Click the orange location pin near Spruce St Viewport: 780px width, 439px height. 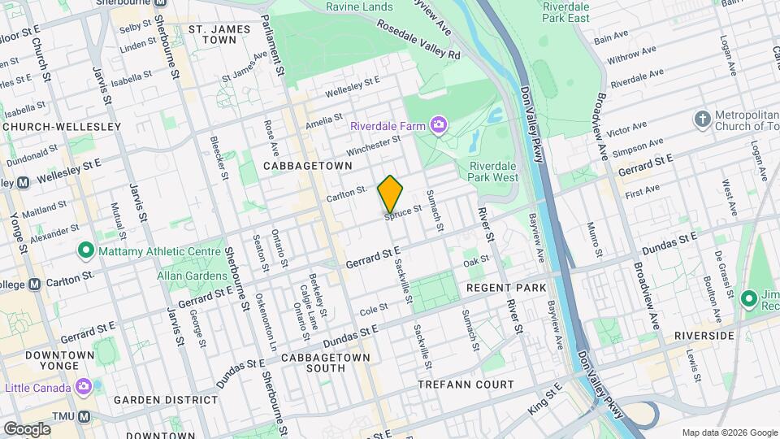pyautogui.click(x=391, y=195)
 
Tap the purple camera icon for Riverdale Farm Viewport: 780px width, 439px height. pyautogui.click(x=440, y=124)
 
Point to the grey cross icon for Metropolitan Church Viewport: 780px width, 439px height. pyautogui.click(x=703, y=120)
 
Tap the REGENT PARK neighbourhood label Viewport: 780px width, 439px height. pyautogui.click(x=505, y=289)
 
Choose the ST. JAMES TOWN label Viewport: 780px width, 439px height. pyautogui.click(x=212, y=33)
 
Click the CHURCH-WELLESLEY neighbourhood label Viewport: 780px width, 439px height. pyautogui.click(x=62, y=127)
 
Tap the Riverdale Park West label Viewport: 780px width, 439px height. pyautogui.click(x=493, y=171)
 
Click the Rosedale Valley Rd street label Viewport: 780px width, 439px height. pyautogui.click(x=418, y=41)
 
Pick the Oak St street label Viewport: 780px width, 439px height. pyautogui.click(x=475, y=261)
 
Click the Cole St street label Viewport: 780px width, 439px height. pyautogui.click(x=374, y=309)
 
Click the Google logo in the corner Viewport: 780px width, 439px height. pyautogui.click(x=27, y=428)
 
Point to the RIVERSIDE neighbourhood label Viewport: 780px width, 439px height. pyautogui.click(x=704, y=335)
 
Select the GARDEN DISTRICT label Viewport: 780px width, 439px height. pyautogui.click(x=156, y=400)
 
